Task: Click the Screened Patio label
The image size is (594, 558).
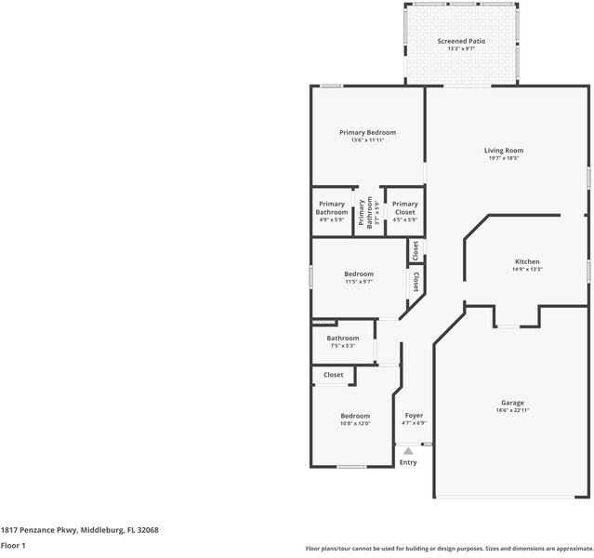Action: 461,41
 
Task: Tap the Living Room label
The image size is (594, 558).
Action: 504,151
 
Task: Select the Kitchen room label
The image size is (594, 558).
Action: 527,261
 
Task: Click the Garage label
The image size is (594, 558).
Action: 512,403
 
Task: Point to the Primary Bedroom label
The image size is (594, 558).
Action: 367,132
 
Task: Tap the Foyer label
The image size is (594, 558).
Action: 414,416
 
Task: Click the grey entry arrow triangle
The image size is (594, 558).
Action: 408,451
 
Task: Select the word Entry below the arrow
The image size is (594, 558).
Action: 408,462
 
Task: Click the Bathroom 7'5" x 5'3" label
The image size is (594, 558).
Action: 342,339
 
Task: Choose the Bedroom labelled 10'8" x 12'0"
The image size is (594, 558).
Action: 354,416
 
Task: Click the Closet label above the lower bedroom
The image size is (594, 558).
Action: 333,375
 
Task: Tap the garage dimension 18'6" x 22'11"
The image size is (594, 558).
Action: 512,410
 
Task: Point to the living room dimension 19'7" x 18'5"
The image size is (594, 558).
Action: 504,158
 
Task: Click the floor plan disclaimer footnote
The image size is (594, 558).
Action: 448,548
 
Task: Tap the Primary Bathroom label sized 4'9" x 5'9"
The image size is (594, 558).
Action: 332,208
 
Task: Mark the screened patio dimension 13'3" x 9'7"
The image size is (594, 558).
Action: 461,49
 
